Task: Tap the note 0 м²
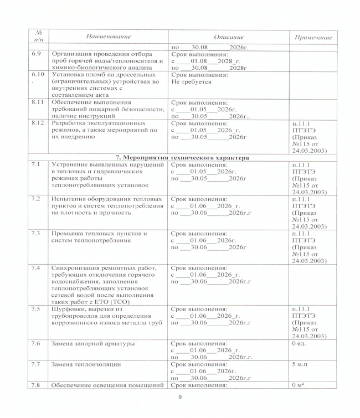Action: [x=299, y=385]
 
